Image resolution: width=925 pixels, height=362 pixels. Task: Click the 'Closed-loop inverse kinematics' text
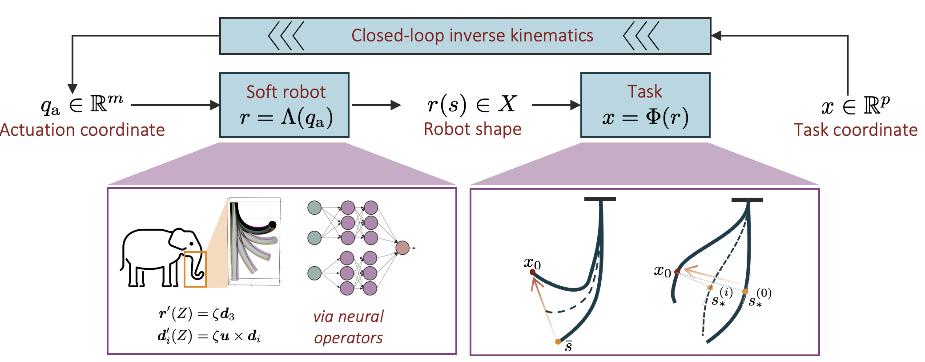pos(472,36)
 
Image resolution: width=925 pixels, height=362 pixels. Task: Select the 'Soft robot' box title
pos(286,92)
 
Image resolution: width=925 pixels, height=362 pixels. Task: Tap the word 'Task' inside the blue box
pos(645,91)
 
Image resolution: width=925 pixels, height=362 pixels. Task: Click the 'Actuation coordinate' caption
pos(83,130)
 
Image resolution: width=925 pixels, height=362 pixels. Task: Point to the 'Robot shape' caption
pos(472,129)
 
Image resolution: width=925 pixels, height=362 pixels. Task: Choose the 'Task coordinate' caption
pos(856,130)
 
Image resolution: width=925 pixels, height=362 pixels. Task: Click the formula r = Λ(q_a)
pos(286,118)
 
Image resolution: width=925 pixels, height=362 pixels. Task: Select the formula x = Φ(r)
pos(645,118)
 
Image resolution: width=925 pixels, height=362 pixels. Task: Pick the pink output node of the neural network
pos(402,248)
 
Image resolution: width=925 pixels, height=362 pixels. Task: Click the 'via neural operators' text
pos(348,327)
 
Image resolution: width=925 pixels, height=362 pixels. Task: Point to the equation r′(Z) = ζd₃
pos(196,314)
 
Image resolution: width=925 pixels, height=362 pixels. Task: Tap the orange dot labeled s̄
pos(558,342)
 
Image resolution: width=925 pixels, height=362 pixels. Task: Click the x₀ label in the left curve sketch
pos(532,263)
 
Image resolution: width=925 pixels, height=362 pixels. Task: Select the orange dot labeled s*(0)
pos(745,292)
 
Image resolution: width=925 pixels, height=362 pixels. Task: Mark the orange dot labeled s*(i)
pos(710,288)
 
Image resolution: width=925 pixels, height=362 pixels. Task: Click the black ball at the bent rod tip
pos(273,225)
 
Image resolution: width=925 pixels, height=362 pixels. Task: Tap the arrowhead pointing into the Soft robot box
pos(215,105)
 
